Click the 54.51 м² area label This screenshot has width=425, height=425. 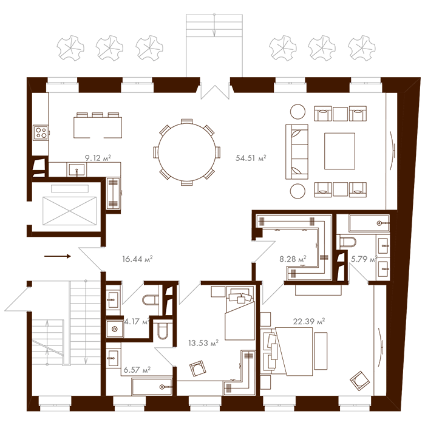click(251, 158)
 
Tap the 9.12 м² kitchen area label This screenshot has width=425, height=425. click(98, 158)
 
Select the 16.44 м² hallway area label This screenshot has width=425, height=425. click(137, 259)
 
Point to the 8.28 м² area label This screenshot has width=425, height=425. click(293, 259)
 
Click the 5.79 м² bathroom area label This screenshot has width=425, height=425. click(364, 259)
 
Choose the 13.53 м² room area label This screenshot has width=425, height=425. click(205, 343)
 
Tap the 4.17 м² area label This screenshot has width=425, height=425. click(137, 322)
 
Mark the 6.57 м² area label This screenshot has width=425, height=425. click(137, 369)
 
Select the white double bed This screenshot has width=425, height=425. click(294, 352)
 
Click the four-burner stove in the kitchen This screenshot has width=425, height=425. click(41, 132)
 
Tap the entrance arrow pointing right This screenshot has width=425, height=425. click(58, 256)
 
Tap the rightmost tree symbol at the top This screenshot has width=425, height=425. click(362, 46)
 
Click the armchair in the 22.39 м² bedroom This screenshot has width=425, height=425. click(359, 381)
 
